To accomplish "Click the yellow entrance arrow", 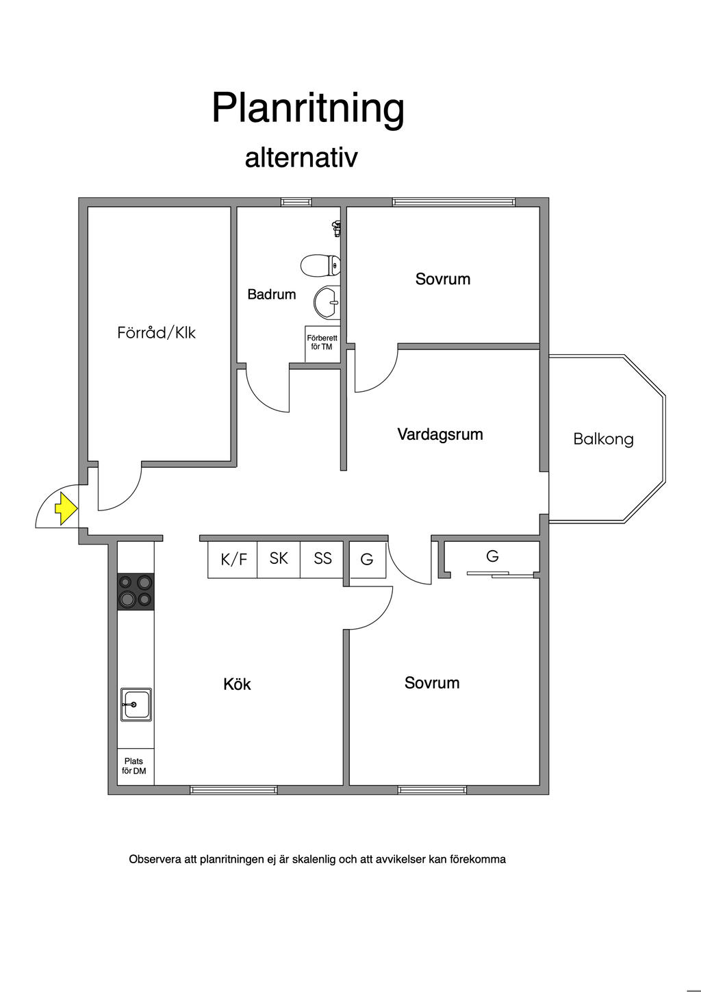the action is [65, 509].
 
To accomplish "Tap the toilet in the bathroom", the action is [320, 264].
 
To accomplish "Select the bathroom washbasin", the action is [327, 301].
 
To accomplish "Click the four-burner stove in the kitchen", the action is [136, 591].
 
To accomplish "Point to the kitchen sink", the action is [136, 704].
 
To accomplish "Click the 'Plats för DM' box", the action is [134, 766].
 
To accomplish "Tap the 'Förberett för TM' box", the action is [322, 343].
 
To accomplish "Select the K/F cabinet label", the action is [233, 560].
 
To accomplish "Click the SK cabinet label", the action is [279, 558].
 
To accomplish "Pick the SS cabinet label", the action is [322, 558].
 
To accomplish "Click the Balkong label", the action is [603, 439].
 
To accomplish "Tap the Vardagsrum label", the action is [440, 434].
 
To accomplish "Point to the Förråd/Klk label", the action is [156, 333].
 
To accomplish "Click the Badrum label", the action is [272, 295].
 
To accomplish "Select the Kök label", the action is [237, 684].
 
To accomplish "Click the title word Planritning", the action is [308, 108].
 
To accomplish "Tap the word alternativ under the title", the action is [301, 158].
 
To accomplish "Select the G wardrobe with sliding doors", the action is [492, 557].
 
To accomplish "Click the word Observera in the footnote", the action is [155, 859].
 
